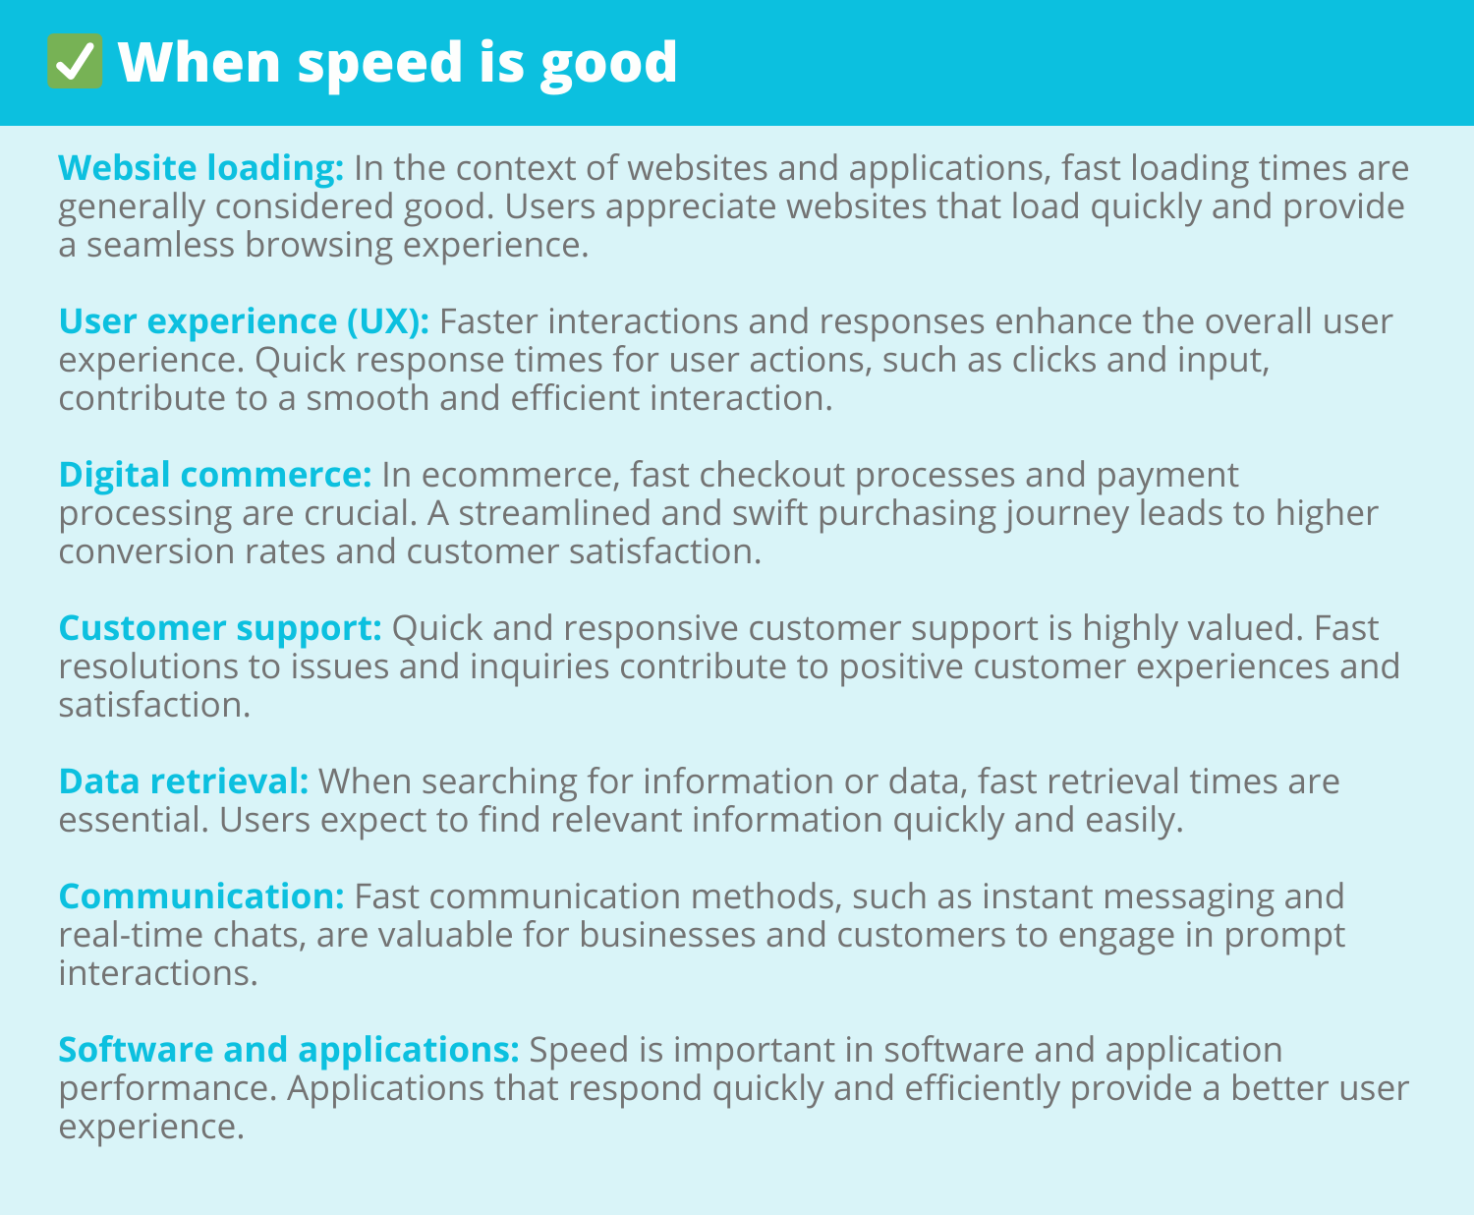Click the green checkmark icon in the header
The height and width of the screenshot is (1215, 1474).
tap(75, 62)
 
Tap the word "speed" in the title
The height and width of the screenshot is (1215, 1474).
tap(380, 65)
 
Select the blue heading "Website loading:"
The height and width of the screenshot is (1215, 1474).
tap(201, 168)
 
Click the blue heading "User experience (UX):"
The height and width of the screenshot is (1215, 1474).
tap(244, 321)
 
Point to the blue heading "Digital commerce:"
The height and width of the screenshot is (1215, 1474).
tap(215, 474)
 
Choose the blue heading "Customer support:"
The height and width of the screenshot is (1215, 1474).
tap(220, 628)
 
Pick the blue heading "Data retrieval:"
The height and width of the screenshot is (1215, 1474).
tap(184, 781)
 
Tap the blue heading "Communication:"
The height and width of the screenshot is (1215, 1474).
tap(201, 897)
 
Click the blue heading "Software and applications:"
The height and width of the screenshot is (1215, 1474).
tap(289, 1050)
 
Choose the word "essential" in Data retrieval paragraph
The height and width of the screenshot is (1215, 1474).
tap(134, 820)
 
